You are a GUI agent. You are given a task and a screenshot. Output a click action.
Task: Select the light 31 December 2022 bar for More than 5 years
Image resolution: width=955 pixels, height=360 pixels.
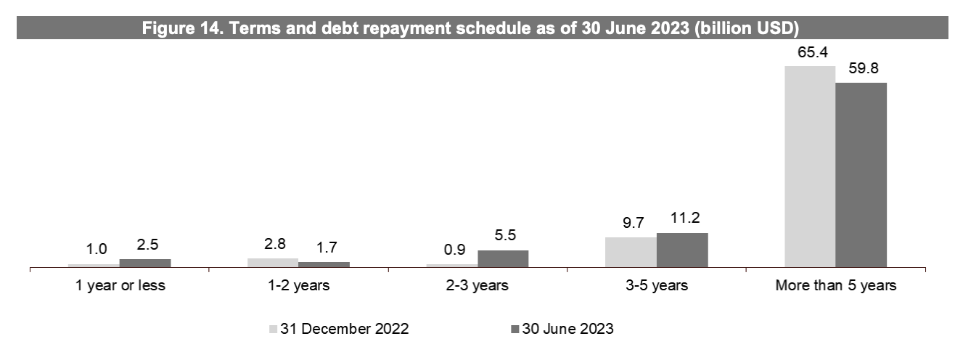tap(810, 167)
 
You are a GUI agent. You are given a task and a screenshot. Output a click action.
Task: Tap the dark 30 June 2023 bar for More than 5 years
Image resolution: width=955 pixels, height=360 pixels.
tap(861, 175)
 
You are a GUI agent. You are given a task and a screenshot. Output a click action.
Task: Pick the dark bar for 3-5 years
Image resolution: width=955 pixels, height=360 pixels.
tap(682, 250)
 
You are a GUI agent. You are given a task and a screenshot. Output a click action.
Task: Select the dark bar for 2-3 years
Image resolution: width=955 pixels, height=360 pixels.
tap(503, 259)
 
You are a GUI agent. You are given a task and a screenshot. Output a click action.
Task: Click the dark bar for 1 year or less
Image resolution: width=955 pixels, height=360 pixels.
tap(145, 263)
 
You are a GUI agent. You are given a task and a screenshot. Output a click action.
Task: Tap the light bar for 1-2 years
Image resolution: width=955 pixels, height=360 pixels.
tap(273, 263)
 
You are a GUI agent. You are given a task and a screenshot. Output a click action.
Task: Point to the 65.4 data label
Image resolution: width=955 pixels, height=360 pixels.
tap(810, 52)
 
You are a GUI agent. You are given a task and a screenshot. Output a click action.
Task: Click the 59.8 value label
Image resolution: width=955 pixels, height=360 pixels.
tap(861, 69)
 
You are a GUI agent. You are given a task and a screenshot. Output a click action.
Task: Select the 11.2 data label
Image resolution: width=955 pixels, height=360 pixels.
tap(682, 219)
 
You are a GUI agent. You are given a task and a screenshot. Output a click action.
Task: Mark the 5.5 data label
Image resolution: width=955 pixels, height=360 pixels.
tap(503, 237)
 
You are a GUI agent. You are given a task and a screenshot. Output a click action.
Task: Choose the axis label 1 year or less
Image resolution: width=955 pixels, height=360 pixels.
tap(120, 285)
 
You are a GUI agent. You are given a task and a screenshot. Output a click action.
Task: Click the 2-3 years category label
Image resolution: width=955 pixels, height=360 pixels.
tap(477, 285)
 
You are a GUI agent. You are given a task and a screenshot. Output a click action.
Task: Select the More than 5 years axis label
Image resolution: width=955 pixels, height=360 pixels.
tap(836, 285)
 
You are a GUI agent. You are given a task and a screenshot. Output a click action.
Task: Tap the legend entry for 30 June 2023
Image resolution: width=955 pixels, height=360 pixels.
tap(562, 329)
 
